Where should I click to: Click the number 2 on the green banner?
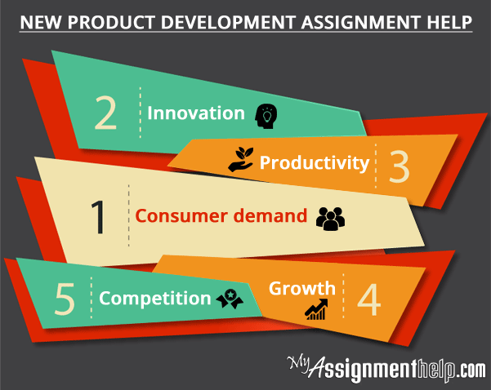tap(105, 113)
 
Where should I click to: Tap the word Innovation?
tap(196, 113)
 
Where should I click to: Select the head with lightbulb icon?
tap(266, 116)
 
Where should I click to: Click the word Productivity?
tap(315, 163)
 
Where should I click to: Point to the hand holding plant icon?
tap(241, 159)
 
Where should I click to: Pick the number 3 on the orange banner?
tap(399, 167)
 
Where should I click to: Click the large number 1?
tap(98, 217)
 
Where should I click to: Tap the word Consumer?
tap(181, 216)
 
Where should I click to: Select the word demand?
tap(270, 215)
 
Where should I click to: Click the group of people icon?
tap(330, 219)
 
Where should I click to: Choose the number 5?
tap(65, 299)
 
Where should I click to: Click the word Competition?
tap(155, 299)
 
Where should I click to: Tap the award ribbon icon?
tap(230, 299)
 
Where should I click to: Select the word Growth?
tap(302, 288)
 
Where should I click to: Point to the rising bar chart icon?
tap(316, 309)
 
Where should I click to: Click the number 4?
tap(369, 299)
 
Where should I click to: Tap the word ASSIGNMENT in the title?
tap(361, 22)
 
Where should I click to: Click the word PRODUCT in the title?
tap(111, 22)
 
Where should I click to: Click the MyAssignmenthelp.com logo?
tap(386, 369)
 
